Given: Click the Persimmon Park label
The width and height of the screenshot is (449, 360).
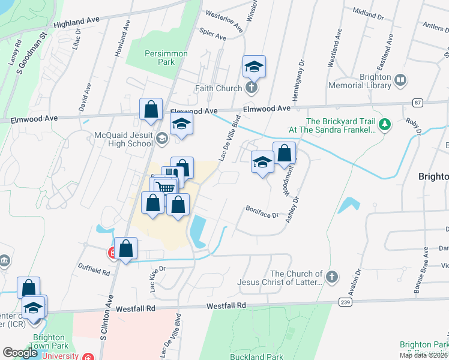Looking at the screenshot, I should coord(166,58).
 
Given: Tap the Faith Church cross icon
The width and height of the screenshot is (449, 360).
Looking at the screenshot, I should coord(252,88).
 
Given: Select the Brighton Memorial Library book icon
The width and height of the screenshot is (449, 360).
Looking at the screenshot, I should coord(400,79).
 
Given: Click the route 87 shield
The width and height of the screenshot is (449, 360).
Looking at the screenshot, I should coord(417,103).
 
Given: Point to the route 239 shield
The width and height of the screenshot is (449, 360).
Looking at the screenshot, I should coord(344,301).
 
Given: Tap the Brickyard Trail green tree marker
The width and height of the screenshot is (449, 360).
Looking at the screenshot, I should coord(385,125).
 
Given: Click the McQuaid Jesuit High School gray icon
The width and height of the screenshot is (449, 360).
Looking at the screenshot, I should coord(161,139).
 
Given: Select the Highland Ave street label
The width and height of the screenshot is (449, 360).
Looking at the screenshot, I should coord(76,23).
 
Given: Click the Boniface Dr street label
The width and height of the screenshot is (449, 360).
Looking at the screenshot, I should coord(262,212).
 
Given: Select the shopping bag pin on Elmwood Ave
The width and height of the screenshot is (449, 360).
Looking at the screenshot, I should coord(151,110).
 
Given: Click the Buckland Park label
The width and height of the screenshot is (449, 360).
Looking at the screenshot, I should coord(256,356).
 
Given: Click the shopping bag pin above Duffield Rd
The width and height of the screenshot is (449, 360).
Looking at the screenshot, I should coord(126,248).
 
